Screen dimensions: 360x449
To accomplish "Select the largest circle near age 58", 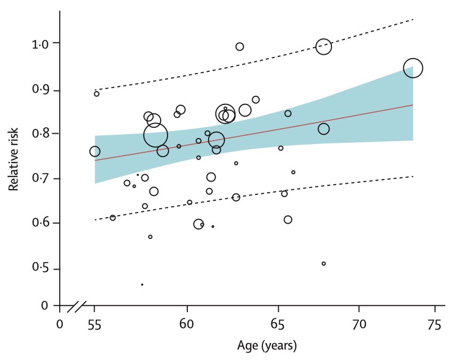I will tap(155, 135).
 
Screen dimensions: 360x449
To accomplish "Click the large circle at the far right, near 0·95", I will tap(413, 68).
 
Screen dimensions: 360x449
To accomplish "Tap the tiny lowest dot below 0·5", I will tap(142, 284).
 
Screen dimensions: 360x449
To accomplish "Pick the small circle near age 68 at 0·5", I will tap(323, 264).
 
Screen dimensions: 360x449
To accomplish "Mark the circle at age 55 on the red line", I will tap(95, 151).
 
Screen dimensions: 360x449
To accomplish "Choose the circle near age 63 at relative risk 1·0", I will tap(239, 47).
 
